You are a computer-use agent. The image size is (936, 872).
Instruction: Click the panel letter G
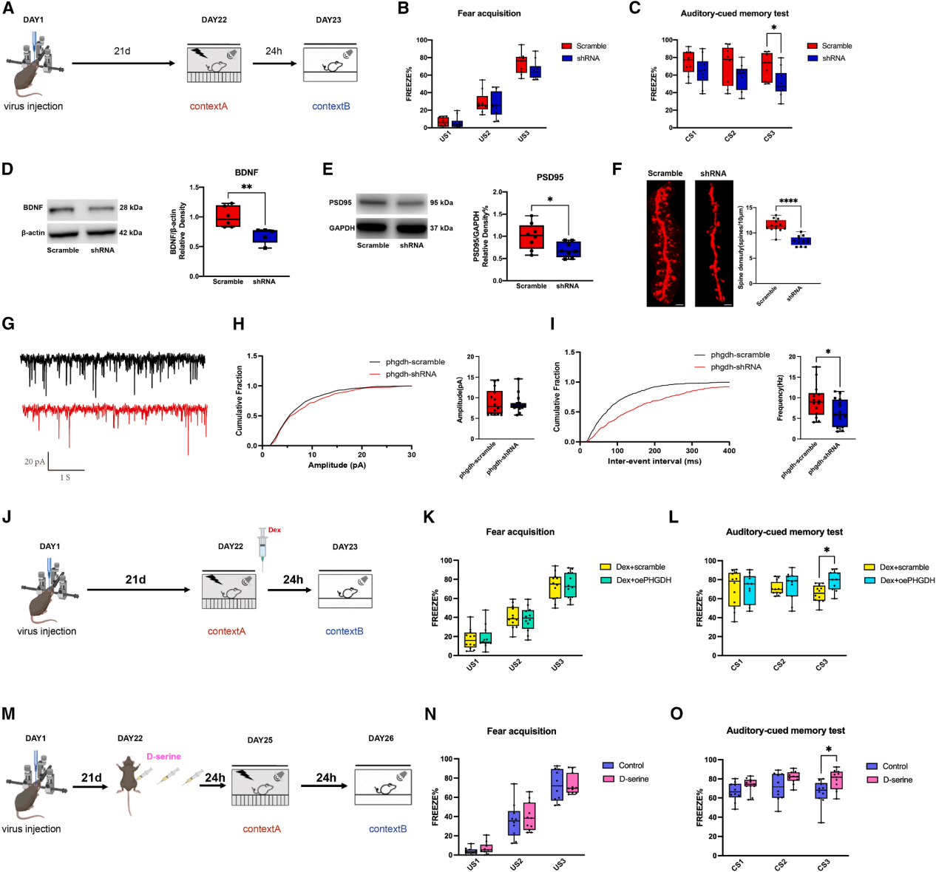[x=9, y=324]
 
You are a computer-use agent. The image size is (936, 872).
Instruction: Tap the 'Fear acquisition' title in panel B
[x=489, y=13]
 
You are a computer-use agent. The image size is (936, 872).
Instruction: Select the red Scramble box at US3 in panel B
[x=522, y=64]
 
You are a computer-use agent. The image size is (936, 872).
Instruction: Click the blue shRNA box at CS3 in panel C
[x=780, y=82]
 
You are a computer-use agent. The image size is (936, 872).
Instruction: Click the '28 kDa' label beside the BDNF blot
[x=131, y=208]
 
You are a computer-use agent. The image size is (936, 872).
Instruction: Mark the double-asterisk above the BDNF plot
[x=246, y=187]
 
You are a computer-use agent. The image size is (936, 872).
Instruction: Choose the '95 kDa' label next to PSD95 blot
[x=441, y=202]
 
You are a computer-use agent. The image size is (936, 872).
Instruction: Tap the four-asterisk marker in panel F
[x=788, y=201]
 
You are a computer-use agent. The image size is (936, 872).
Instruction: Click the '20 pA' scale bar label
[x=34, y=462]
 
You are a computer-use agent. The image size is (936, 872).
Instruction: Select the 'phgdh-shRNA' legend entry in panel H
[x=410, y=374]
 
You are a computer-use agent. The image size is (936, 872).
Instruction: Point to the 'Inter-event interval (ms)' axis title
[x=654, y=461]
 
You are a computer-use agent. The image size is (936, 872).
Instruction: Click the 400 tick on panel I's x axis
[x=729, y=451]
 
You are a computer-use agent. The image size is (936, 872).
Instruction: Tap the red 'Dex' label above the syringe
[x=274, y=530]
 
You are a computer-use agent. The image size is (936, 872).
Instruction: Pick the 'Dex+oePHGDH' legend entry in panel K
[x=643, y=580]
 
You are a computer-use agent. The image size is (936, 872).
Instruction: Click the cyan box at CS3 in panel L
[x=834, y=581]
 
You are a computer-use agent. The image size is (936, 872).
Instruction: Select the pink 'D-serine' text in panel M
[x=163, y=757]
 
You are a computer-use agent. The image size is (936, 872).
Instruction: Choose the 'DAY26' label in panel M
[x=381, y=738]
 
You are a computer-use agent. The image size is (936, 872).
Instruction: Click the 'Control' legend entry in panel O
[x=895, y=766]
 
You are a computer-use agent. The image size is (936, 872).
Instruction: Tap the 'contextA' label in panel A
[x=208, y=106]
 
